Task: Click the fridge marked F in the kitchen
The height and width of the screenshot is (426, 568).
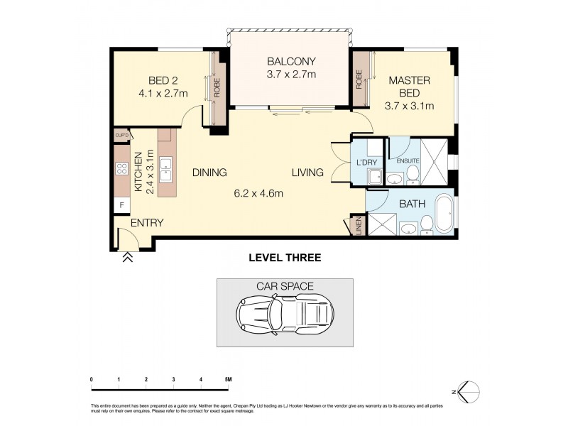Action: (121, 204)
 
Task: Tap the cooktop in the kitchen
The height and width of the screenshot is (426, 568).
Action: (121, 170)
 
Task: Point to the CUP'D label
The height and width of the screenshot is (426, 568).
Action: (121, 135)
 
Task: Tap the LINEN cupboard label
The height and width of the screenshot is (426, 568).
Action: (358, 226)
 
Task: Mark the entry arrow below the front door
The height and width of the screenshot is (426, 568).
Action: (129, 258)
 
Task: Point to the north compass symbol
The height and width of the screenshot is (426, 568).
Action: (469, 390)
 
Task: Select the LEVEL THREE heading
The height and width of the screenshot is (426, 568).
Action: (284, 258)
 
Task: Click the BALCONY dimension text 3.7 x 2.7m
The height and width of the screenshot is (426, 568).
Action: (291, 74)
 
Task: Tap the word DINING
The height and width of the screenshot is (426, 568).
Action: (209, 173)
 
